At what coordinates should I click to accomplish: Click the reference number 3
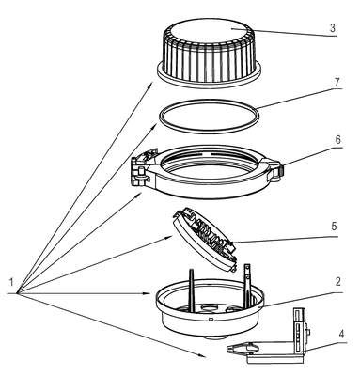[x=332, y=28]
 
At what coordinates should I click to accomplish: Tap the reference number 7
[x=337, y=83]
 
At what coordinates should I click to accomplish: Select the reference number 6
[x=337, y=140]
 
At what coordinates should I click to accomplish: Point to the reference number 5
[x=334, y=226]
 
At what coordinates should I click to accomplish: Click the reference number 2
[x=337, y=282]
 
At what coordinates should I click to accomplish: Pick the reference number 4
[x=341, y=334]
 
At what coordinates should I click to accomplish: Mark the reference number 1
[x=11, y=282]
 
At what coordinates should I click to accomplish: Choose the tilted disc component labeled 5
[x=204, y=241]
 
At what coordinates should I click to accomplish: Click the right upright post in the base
[x=247, y=285]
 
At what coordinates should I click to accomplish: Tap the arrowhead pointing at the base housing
[x=151, y=293]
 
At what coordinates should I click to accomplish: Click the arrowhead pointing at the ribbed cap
[x=150, y=86]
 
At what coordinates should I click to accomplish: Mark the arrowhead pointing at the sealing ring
[x=155, y=126]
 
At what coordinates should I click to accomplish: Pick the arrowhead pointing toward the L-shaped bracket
[x=202, y=354]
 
